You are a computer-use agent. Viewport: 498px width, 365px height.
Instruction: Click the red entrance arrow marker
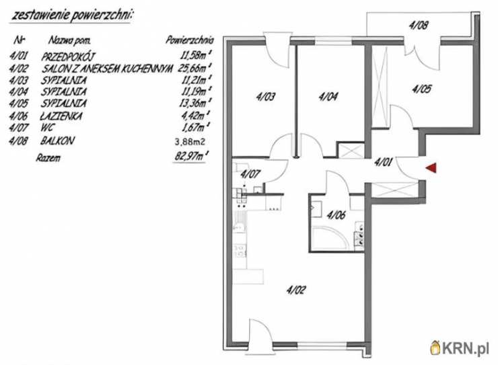431,168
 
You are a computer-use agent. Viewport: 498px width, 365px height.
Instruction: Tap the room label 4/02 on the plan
296,290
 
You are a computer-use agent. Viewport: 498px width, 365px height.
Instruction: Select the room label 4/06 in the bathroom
336,215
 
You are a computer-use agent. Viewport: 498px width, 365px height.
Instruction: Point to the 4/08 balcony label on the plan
418,25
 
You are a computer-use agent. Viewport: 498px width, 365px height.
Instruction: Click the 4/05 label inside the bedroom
421,89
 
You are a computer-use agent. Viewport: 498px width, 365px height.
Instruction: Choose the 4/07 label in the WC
250,174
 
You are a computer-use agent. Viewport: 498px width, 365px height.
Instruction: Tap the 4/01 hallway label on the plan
383,163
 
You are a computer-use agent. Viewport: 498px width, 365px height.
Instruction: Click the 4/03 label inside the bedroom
266,96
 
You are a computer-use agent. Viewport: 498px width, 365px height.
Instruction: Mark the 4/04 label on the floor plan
328,96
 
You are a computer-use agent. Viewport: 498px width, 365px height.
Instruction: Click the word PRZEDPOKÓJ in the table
68,56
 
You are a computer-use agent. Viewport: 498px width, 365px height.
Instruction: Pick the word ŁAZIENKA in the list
61,116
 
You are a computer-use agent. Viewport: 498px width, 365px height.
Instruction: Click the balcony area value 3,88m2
190,142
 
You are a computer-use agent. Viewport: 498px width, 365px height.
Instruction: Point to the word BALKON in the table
57,140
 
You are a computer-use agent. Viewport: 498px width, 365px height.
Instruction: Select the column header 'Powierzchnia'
190,40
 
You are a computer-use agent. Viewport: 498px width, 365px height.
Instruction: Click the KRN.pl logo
460,348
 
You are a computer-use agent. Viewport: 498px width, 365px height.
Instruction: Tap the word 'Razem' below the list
48,158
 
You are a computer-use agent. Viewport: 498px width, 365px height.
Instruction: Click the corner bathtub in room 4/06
330,238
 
